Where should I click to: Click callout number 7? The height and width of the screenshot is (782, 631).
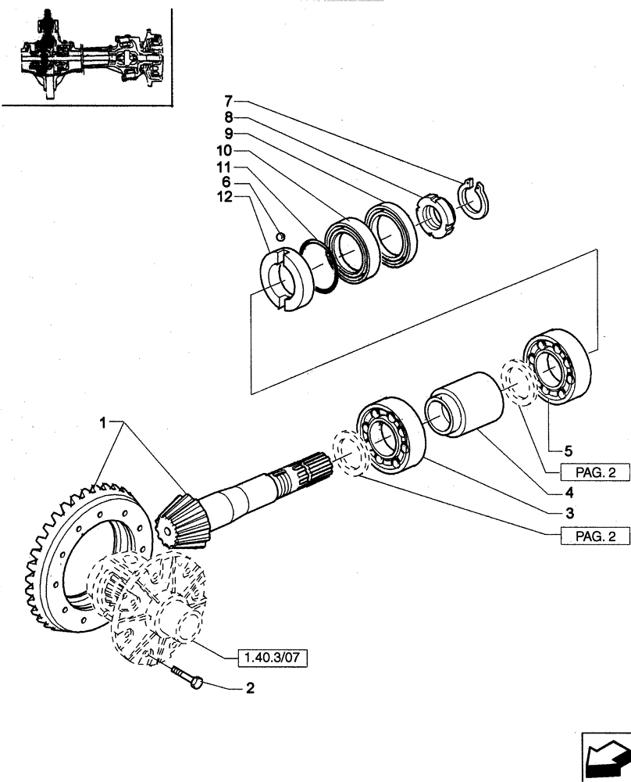[x=228, y=101]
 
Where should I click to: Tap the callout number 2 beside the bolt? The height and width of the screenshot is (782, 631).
[x=250, y=689]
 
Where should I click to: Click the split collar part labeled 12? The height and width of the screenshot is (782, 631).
[x=279, y=278]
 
